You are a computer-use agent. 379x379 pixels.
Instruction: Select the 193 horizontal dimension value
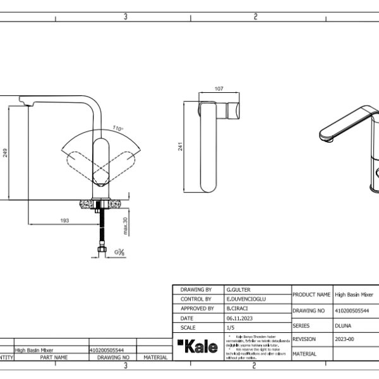point(64,220)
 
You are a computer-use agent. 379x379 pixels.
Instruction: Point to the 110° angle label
point(118,128)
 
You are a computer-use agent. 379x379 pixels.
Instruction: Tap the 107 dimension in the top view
point(219,90)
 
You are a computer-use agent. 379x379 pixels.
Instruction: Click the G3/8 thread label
point(119,253)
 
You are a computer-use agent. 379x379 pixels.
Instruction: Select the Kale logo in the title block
point(198,346)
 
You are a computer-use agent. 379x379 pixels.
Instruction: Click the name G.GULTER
point(237,288)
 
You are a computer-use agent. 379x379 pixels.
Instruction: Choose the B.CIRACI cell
point(236,308)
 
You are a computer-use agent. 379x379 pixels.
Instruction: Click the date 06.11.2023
point(239,318)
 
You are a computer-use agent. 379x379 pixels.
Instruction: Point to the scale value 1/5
point(230,328)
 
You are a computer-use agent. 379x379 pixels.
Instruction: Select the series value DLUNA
point(343,325)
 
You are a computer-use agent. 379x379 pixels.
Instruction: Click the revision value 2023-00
point(345,339)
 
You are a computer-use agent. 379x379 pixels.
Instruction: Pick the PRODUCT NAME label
point(312,294)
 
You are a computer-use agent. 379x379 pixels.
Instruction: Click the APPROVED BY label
point(197,308)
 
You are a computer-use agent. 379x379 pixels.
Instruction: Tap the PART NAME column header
point(54,357)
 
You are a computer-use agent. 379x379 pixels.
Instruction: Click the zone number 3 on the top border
point(126,17)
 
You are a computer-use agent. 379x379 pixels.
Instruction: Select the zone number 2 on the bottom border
point(254,365)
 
